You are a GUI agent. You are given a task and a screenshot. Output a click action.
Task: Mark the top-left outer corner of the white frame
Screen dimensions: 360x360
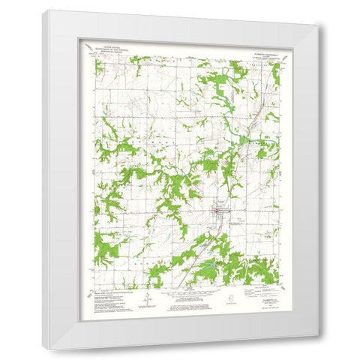point(43,10)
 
